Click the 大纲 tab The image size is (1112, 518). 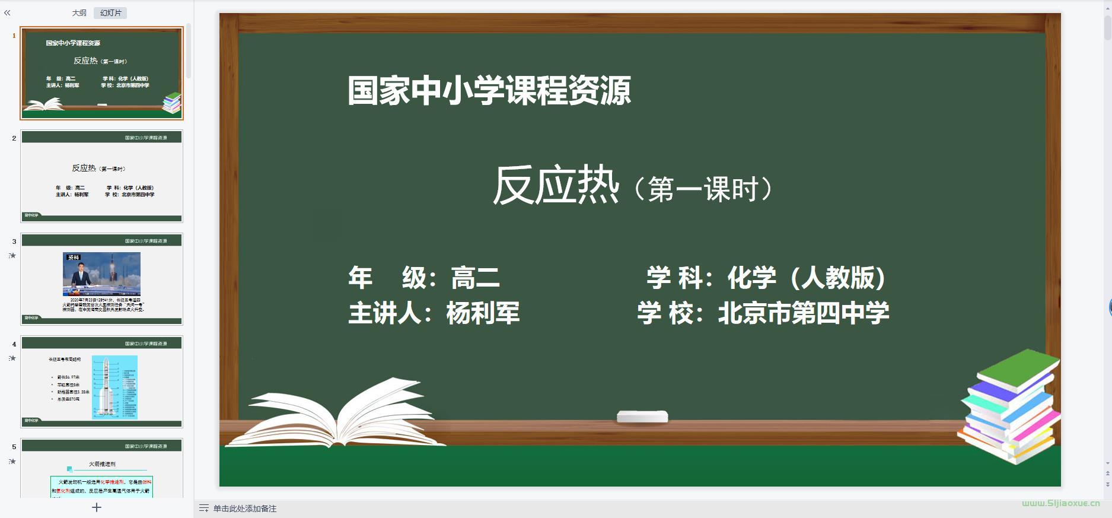point(79,13)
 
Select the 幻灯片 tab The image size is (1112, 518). point(110,13)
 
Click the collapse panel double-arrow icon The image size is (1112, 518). point(7,12)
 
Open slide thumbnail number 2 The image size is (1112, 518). point(101,176)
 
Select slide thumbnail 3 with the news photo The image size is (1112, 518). point(101,279)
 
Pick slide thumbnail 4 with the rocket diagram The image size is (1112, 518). point(101,382)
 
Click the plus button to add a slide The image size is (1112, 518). point(97,507)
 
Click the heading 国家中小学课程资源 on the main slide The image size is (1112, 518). point(489,91)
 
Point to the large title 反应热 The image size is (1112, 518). point(556,186)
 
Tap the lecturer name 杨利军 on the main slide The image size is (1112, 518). point(483,313)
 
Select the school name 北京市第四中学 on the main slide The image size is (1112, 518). point(804,313)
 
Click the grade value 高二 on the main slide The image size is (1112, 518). point(475,278)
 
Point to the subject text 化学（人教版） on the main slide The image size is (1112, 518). point(807,278)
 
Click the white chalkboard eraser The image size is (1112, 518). point(642,417)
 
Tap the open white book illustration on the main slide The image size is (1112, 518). point(338,415)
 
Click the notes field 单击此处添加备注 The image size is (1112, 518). point(245,509)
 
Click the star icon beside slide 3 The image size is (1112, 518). point(12,256)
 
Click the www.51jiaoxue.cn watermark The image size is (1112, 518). point(1060,503)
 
